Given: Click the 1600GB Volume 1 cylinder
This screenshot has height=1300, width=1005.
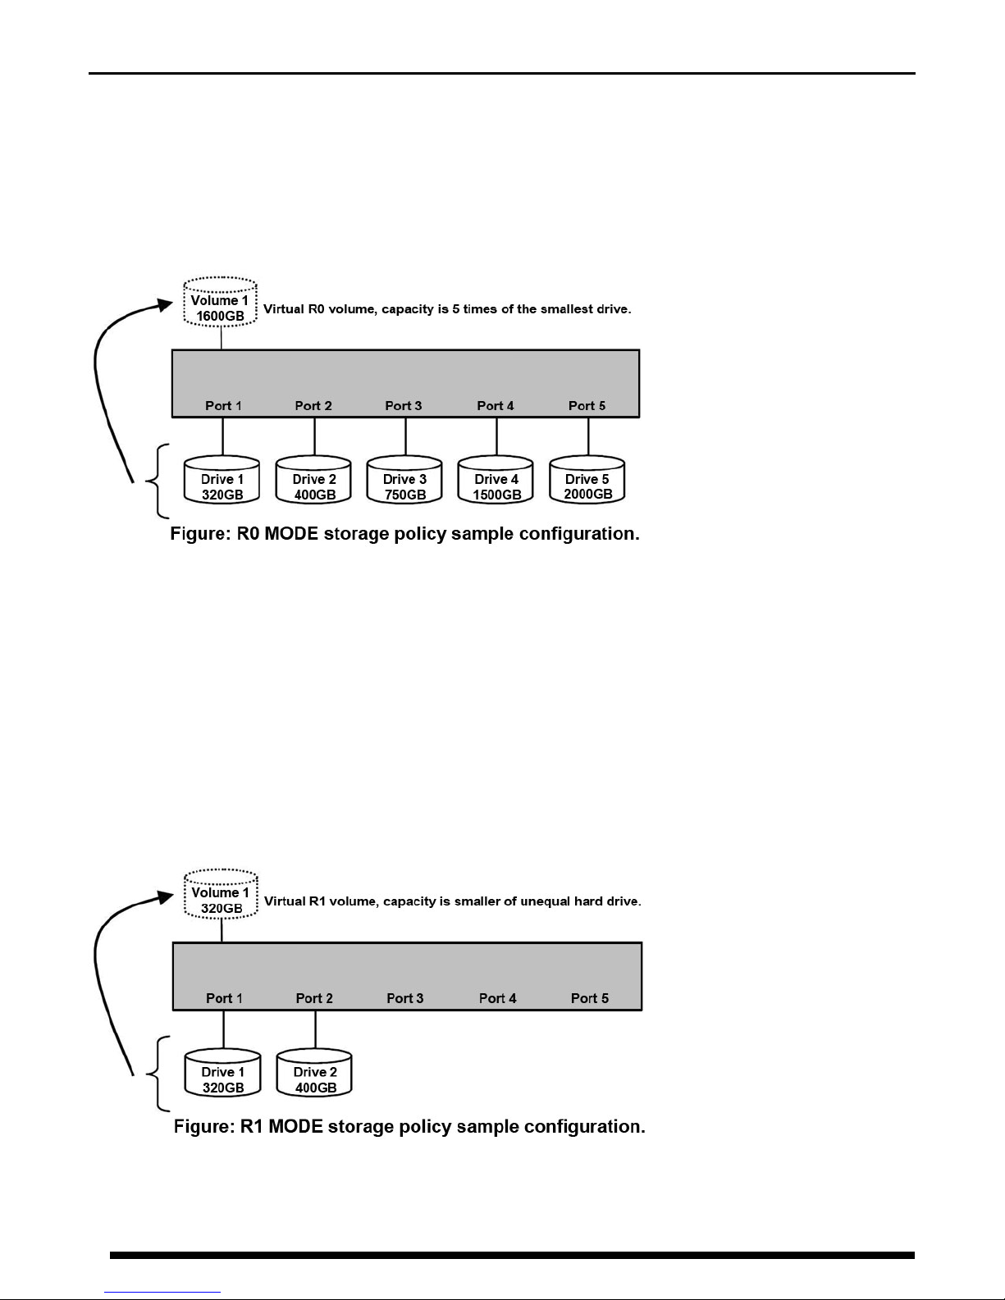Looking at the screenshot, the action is coord(220,302).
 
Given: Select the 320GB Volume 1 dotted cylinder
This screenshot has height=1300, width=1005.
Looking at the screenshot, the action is coord(221,894).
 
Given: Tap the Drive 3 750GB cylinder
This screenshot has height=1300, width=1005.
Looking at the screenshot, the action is coord(404,480).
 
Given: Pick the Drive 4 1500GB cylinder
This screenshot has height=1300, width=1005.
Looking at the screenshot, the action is coord(496,480).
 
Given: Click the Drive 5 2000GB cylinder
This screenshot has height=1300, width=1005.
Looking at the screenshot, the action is coord(587,480).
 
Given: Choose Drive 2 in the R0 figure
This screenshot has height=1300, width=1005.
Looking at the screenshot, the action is coord(313,480).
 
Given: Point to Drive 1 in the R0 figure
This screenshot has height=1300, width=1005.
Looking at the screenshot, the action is coord(222,480).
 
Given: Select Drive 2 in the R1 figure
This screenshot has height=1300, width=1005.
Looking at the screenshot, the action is coord(314,1073).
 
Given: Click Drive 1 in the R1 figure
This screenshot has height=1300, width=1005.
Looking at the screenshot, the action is coord(222,1073).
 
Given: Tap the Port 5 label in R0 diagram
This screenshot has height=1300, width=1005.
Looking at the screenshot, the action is coord(587,406).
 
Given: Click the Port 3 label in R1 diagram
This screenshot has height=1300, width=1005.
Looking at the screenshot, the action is coord(405,998).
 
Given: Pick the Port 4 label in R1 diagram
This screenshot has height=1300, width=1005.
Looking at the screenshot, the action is coord(498,998).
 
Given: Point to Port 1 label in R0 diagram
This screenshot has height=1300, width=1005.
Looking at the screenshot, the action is coord(223,406).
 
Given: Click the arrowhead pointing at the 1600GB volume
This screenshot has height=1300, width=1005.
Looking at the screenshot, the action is coord(165,305).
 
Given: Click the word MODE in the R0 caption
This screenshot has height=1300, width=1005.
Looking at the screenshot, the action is coord(291,534).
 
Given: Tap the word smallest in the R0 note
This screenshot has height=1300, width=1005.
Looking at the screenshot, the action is coord(568,309).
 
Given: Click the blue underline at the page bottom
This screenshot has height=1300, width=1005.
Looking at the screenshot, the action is coord(162,1293).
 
